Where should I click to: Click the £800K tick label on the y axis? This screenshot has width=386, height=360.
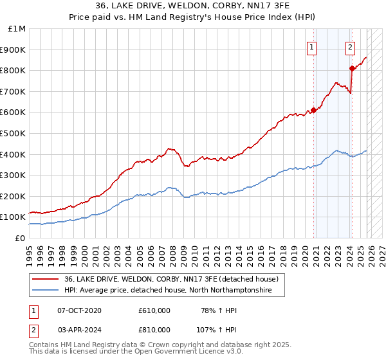(x=13, y=70)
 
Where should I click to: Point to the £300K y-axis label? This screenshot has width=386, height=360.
(x=13, y=175)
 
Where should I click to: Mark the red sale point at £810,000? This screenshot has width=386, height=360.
(x=352, y=68)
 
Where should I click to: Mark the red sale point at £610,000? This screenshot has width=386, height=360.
(x=313, y=110)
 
